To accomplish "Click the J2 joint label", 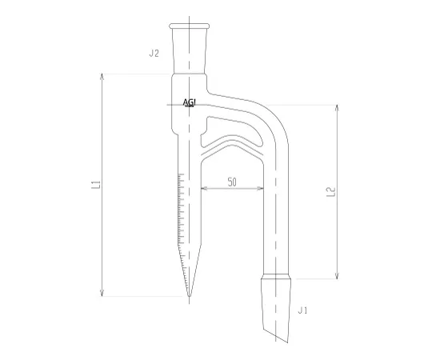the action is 154,53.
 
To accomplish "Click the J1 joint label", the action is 302,310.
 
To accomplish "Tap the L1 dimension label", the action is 96,185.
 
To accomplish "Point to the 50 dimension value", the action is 232,182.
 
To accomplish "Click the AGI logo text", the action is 190,102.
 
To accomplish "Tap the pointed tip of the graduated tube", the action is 189,296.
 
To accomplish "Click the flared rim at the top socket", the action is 189,26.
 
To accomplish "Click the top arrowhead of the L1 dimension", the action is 102,76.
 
